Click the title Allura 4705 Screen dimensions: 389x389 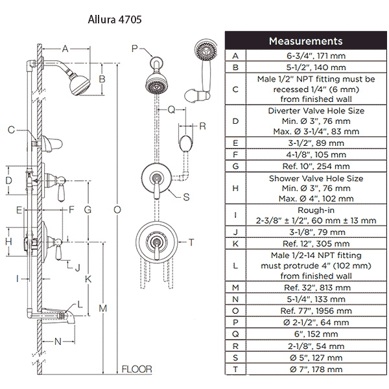115,19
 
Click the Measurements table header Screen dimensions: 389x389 305,41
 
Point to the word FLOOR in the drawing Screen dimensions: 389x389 137,370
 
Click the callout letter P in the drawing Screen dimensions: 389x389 134,47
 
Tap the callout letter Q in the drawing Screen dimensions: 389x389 171,110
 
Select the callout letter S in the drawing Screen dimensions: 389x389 186,196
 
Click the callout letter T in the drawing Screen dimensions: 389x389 192,242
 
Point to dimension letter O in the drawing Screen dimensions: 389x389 117,209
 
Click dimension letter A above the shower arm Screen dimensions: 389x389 65,48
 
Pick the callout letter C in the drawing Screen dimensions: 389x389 11,130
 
